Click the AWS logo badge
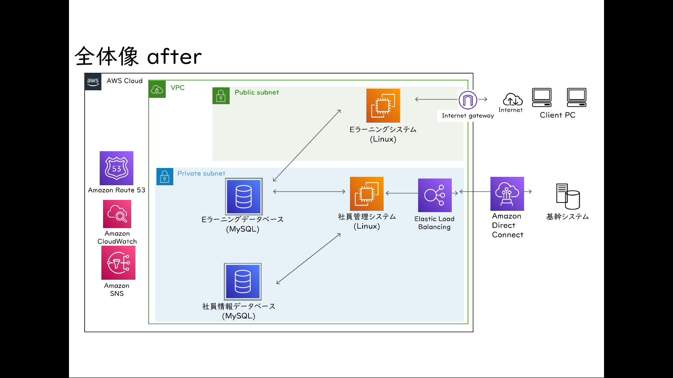[x=93, y=81]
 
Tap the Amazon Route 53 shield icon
[x=117, y=168]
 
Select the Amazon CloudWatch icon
[x=117, y=214]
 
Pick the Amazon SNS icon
[x=118, y=263]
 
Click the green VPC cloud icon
[x=157, y=89]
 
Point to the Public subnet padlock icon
[x=221, y=96]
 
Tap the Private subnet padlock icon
[x=164, y=176]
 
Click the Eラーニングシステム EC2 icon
[x=383, y=105]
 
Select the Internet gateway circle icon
[x=468, y=100]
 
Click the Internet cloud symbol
[x=513, y=99]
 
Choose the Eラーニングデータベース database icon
[x=244, y=197]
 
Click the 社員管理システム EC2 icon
[x=366, y=194]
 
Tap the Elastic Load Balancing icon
[x=435, y=195]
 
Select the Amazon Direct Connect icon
[x=507, y=194]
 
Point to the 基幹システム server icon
[x=568, y=197]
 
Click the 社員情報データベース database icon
[x=243, y=282]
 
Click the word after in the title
[x=174, y=56]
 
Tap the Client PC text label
[x=558, y=115]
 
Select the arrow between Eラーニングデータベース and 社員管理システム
[x=309, y=192]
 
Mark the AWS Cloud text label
[x=125, y=81]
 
